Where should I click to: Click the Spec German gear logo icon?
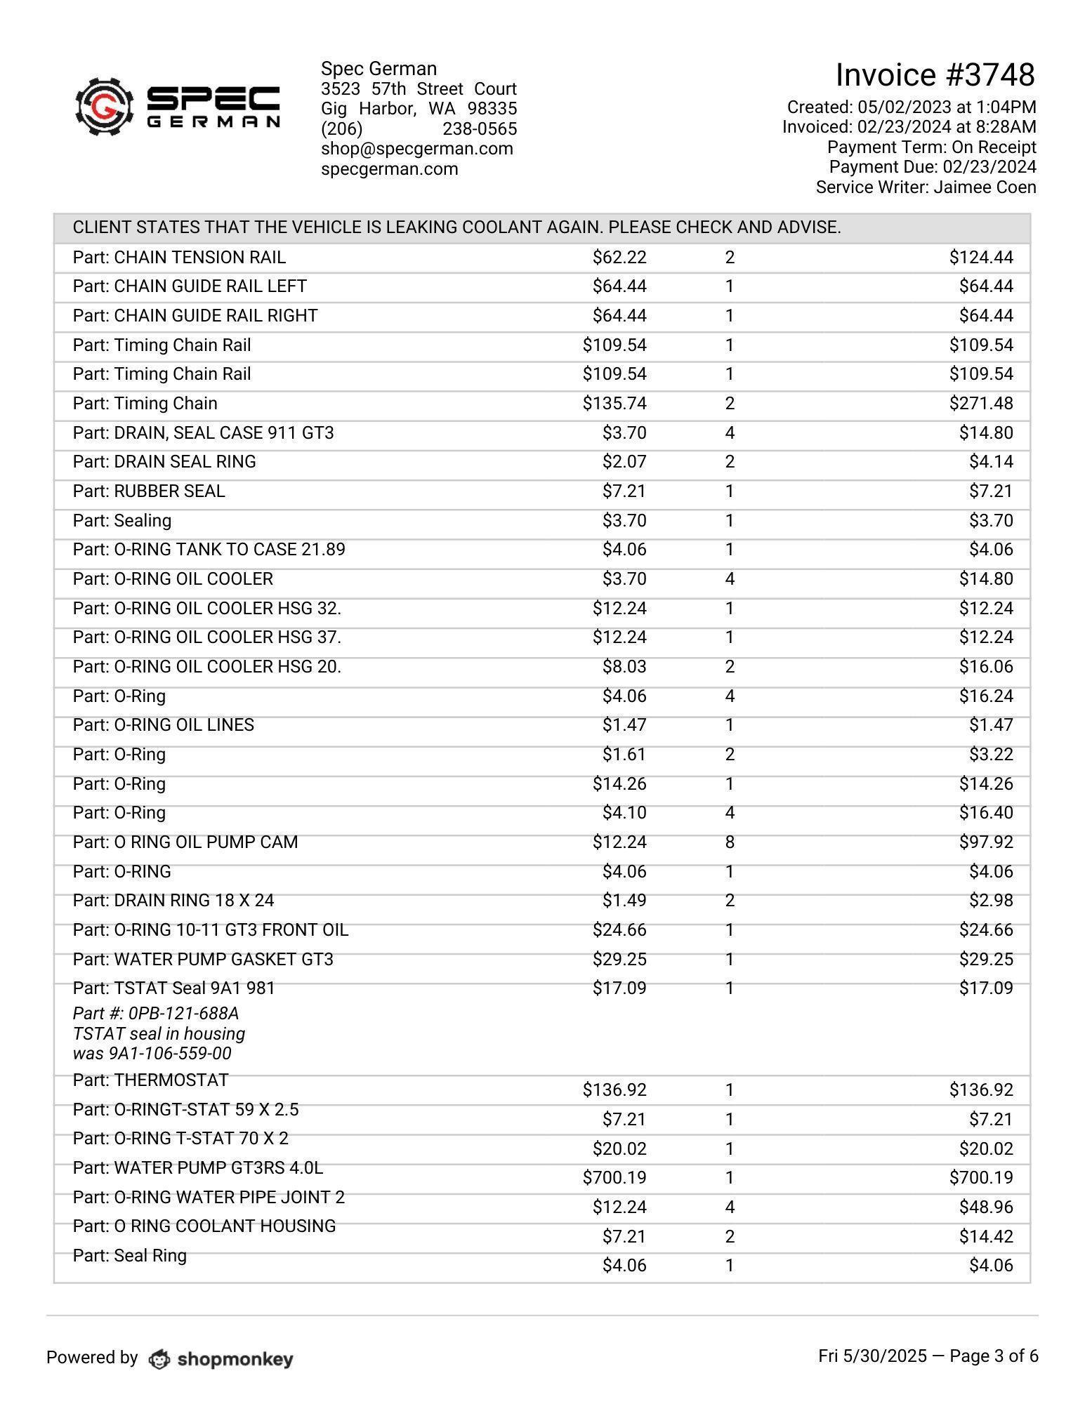click(104, 107)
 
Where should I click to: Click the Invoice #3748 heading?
click(935, 75)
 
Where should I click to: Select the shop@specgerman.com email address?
click(416, 149)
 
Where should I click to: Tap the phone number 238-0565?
click(480, 129)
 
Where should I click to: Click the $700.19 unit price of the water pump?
click(614, 1177)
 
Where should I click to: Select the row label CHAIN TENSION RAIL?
click(199, 258)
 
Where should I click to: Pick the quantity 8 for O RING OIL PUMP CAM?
click(730, 842)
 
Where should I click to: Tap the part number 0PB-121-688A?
click(183, 1014)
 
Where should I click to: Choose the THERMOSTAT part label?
click(171, 1080)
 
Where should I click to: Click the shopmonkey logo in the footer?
click(221, 1359)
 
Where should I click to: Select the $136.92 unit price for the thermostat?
click(614, 1090)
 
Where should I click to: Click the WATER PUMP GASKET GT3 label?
click(223, 959)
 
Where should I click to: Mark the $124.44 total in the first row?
click(980, 258)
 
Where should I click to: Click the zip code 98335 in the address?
click(492, 109)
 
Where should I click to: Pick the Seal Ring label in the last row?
click(150, 1255)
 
